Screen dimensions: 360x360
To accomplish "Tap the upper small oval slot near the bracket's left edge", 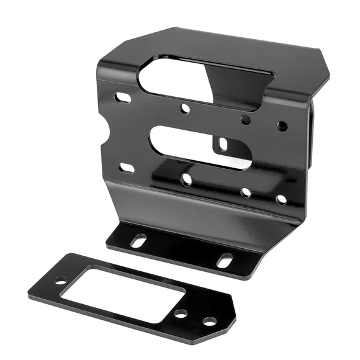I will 124,97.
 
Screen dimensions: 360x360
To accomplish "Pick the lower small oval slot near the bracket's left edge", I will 127,168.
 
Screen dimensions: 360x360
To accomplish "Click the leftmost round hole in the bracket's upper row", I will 185,109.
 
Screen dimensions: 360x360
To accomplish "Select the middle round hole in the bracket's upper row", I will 246,119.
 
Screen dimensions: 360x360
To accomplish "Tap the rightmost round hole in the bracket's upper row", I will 282,126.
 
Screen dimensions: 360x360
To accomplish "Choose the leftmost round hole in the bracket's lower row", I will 186,179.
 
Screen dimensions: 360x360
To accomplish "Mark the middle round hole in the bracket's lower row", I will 246,192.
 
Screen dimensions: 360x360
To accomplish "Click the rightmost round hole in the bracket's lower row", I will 281,200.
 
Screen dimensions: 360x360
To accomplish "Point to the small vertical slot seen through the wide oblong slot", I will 223,145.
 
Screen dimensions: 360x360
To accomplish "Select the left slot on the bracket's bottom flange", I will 138,240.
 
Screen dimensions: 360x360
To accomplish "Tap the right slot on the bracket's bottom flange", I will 225,260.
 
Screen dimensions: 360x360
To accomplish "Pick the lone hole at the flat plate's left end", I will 60,281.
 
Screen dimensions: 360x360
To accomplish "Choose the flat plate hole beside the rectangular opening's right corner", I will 181,314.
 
